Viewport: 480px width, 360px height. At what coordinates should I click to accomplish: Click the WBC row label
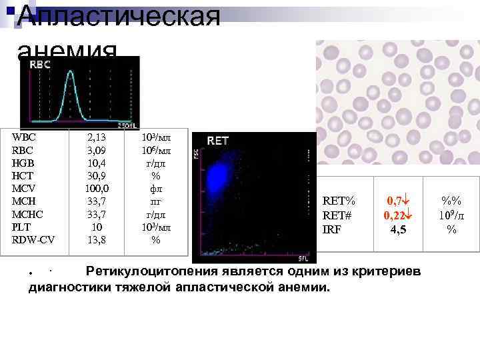pyautogui.click(x=24, y=137)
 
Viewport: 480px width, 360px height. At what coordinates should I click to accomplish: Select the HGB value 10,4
pyautogui.click(x=99, y=163)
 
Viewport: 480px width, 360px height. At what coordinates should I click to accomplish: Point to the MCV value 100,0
pyautogui.click(x=99, y=189)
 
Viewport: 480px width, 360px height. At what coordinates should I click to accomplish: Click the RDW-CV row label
pyautogui.click(x=34, y=239)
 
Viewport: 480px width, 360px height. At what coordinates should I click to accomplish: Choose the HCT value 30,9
pyautogui.click(x=99, y=176)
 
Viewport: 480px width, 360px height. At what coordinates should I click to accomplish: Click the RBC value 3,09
pyautogui.click(x=99, y=150)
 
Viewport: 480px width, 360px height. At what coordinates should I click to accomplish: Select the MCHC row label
pyautogui.click(x=28, y=214)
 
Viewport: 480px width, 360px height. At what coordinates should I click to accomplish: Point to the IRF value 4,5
pyautogui.click(x=399, y=229)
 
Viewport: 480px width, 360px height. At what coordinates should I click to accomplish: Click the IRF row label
pyautogui.click(x=332, y=229)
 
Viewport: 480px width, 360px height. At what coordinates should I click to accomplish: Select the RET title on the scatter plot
pyautogui.click(x=218, y=141)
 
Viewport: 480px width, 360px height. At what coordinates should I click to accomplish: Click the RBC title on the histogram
pyautogui.click(x=39, y=65)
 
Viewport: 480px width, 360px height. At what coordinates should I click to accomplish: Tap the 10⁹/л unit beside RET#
pyautogui.click(x=451, y=215)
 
